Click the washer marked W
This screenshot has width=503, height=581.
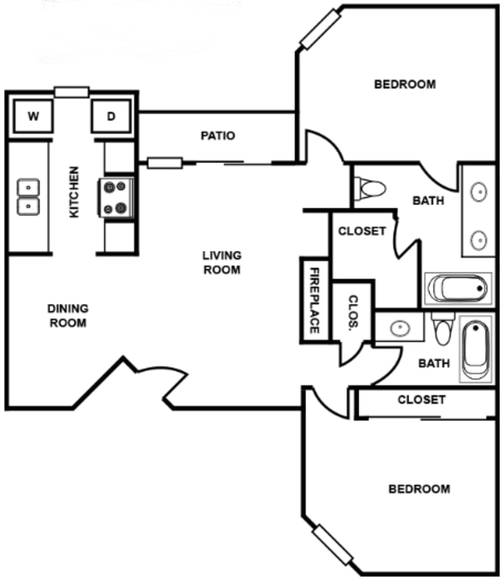click(33, 117)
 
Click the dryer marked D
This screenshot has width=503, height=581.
click(111, 117)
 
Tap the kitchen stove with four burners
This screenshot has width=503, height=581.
click(116, 198)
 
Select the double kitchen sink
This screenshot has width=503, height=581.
click(28, 197)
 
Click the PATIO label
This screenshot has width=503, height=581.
click(218, 136)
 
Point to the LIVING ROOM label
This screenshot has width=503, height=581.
click(222, 263)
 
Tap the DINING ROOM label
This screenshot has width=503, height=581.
click(68, 316)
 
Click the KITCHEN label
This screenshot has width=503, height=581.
click(74, 192)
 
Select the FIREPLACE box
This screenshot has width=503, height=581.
click(314, 300)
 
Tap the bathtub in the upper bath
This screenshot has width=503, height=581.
click(458, 288)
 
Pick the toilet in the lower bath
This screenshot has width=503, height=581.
click(443, 328)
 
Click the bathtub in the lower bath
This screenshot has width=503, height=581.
click(476, 348)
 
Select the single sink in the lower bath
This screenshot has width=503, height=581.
click(400, 328)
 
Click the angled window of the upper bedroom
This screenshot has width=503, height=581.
click(320, 30)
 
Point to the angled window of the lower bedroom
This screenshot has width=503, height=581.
click(333, 544)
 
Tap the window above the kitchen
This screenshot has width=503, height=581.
click(72, 93)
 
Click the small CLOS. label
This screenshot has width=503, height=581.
click(353, 312)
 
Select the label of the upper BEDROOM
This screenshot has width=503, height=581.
click(405, 84)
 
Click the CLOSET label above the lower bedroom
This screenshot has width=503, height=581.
click(421, 400)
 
